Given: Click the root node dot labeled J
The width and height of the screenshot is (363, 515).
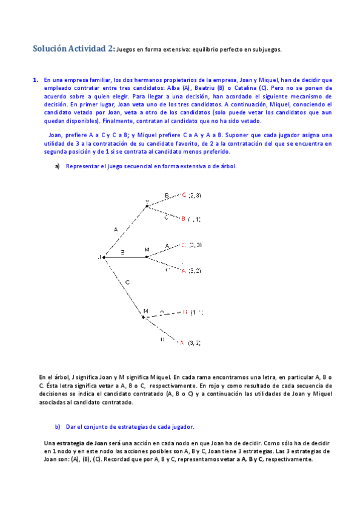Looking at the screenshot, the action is [x=104, y=257].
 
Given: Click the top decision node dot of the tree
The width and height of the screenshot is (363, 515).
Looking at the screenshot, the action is [x=147, y=206].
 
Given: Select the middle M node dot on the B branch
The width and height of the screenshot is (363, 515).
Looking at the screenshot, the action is [x=147, y=257].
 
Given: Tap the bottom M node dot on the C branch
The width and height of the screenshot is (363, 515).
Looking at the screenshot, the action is [x=144, y=316].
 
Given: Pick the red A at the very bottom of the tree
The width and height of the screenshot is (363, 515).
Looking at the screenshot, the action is [x=182, y=343].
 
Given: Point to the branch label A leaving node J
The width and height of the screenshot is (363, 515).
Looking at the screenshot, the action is [x=116, y=230].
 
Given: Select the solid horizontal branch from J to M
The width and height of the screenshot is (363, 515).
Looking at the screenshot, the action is [x=125, y=257].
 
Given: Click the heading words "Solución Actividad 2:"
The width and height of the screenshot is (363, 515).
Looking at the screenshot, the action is [x=73, y=50].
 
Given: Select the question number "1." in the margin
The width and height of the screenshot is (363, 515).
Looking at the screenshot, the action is [x=35, y=80].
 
